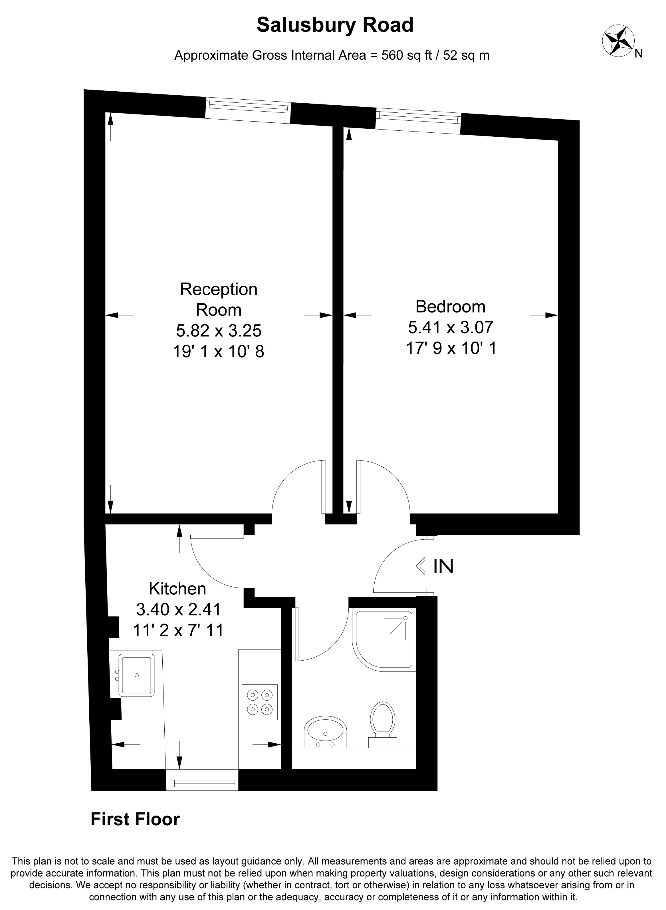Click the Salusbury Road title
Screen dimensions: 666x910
pos(335,25)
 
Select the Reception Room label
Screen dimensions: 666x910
pos(219,300)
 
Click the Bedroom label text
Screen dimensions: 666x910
pos(450,307)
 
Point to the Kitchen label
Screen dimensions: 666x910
pos(177,589)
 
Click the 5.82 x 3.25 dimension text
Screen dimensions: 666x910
pos(219,331)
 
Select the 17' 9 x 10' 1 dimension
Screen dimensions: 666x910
pos(451,348)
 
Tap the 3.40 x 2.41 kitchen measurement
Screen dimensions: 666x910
pos(179,609)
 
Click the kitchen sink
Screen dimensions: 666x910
pos(136,675)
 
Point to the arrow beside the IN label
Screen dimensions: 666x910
pos(424,566)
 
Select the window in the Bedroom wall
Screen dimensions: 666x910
pos(418,121)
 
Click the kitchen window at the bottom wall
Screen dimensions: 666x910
pos(202,780)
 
